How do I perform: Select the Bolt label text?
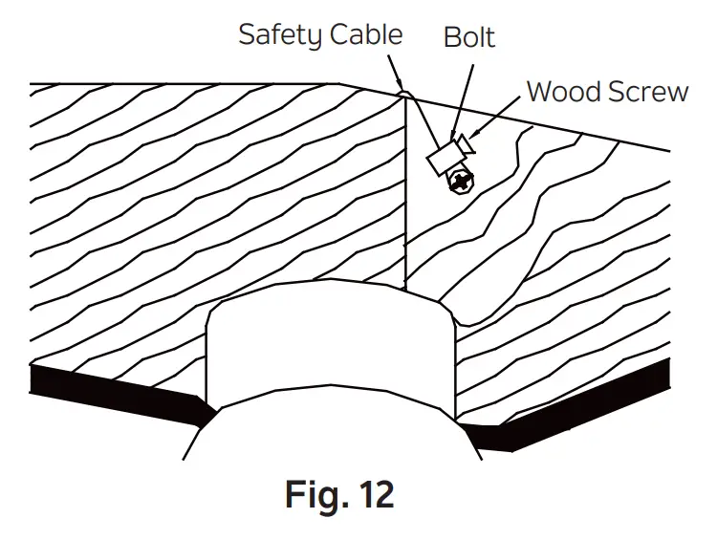[x=468, y=37]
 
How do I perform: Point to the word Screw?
[x=651, y=92]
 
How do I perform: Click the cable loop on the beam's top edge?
[x=404, y=93]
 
